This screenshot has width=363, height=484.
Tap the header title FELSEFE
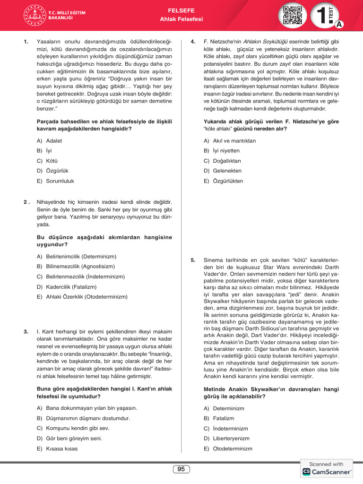point(181,10)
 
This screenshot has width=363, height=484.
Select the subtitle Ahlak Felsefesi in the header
point(181,19)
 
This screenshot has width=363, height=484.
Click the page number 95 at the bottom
point(181,469)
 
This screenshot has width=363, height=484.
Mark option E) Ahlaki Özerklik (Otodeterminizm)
point(82,297)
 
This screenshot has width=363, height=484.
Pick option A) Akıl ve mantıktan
point(230,141)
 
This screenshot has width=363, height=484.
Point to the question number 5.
point(193,260)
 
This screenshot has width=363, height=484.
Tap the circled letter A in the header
point(339,24)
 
